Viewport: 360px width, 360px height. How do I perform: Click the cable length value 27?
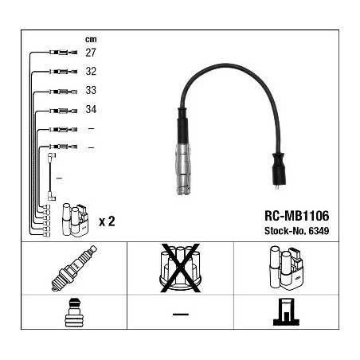click(x=91, y=53)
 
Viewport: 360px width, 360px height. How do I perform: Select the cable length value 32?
click(x=91, y=71)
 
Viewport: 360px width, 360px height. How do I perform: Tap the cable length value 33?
click(x=91, y=90)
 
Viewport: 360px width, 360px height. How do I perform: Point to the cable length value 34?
click(x=91, y=109)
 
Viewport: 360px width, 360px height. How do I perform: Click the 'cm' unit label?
click(x=91, y=39)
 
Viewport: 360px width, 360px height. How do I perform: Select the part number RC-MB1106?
click(x=296, y=216)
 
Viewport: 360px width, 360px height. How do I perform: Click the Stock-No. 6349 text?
click(x=296, y=231)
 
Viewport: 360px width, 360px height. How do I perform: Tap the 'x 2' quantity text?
click(x=107, y=221)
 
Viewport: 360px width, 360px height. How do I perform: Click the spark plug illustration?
click(x=74, y=268)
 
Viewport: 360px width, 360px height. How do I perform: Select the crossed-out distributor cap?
click(x=180, y=268)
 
